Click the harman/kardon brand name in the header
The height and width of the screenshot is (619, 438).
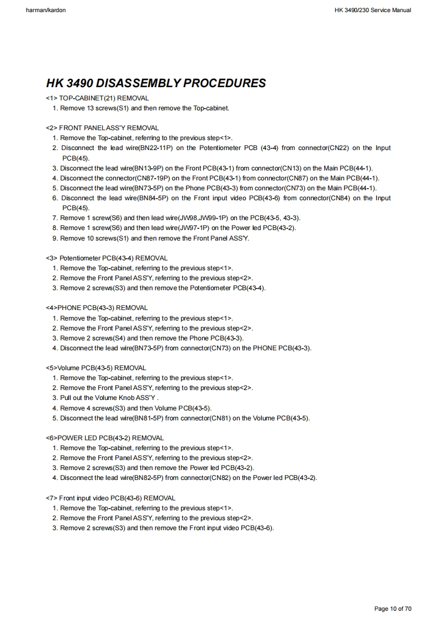pyautogui.click(x=46, y=10)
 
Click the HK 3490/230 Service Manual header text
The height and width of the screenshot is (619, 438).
pyautogui.click(x=372, y=10)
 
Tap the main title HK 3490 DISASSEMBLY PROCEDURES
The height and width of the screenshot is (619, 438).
pyautogui.click(x=156, y=83)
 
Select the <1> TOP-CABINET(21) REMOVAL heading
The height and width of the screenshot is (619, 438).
pyautogui.click(x=98, y=98)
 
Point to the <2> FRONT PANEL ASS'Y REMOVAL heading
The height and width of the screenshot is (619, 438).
pyautogui.click(x=103, y=128)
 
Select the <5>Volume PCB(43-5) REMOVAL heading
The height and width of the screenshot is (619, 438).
pyautogui.click(x=96, y=368)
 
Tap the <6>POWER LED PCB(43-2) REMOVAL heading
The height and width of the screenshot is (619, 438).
pyautogui.click(x=105, y=438)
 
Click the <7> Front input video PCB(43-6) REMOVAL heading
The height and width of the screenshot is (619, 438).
pyautogui.click(x=111, y=498)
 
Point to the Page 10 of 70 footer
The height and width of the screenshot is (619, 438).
pyautogui.click(x=393, y=609)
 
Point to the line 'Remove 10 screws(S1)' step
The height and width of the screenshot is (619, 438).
pyautogui.click(x=155, y=238)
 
